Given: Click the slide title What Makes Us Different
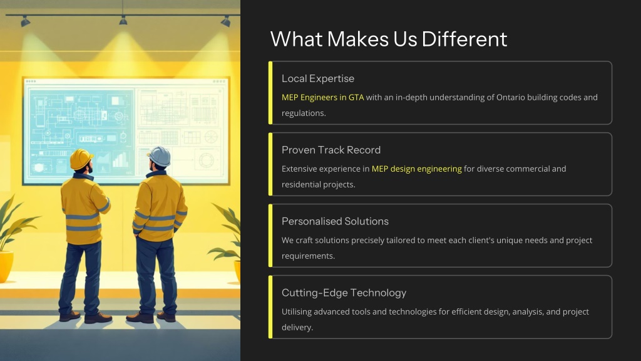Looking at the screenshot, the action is point(388,39).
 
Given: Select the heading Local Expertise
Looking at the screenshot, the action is point(317,78).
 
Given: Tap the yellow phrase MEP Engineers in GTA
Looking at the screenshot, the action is point(322,97).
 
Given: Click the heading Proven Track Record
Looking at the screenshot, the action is point(331,150).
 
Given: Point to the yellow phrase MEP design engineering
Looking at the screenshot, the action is point(416,169).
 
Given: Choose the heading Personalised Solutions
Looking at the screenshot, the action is point(335,221).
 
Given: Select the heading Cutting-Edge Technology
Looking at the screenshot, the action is point(344,293).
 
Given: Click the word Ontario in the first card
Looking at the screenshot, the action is point(510,97).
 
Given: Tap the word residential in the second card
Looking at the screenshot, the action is point(301,185).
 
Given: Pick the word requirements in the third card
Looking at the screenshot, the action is point(308,256).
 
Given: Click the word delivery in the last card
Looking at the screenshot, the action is point(297,327).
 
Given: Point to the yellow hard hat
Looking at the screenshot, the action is point(81,159).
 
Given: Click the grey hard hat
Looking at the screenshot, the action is point(160,156).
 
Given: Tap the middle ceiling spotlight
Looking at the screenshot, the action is point(123,20).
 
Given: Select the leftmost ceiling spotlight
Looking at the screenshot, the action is point(25,21).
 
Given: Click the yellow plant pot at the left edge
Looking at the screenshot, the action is point(6,266).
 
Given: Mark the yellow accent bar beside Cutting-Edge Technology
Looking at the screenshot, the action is point(270,307).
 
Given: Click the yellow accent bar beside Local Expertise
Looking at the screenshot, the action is point(270,93).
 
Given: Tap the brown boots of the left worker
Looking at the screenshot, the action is point(85,317).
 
